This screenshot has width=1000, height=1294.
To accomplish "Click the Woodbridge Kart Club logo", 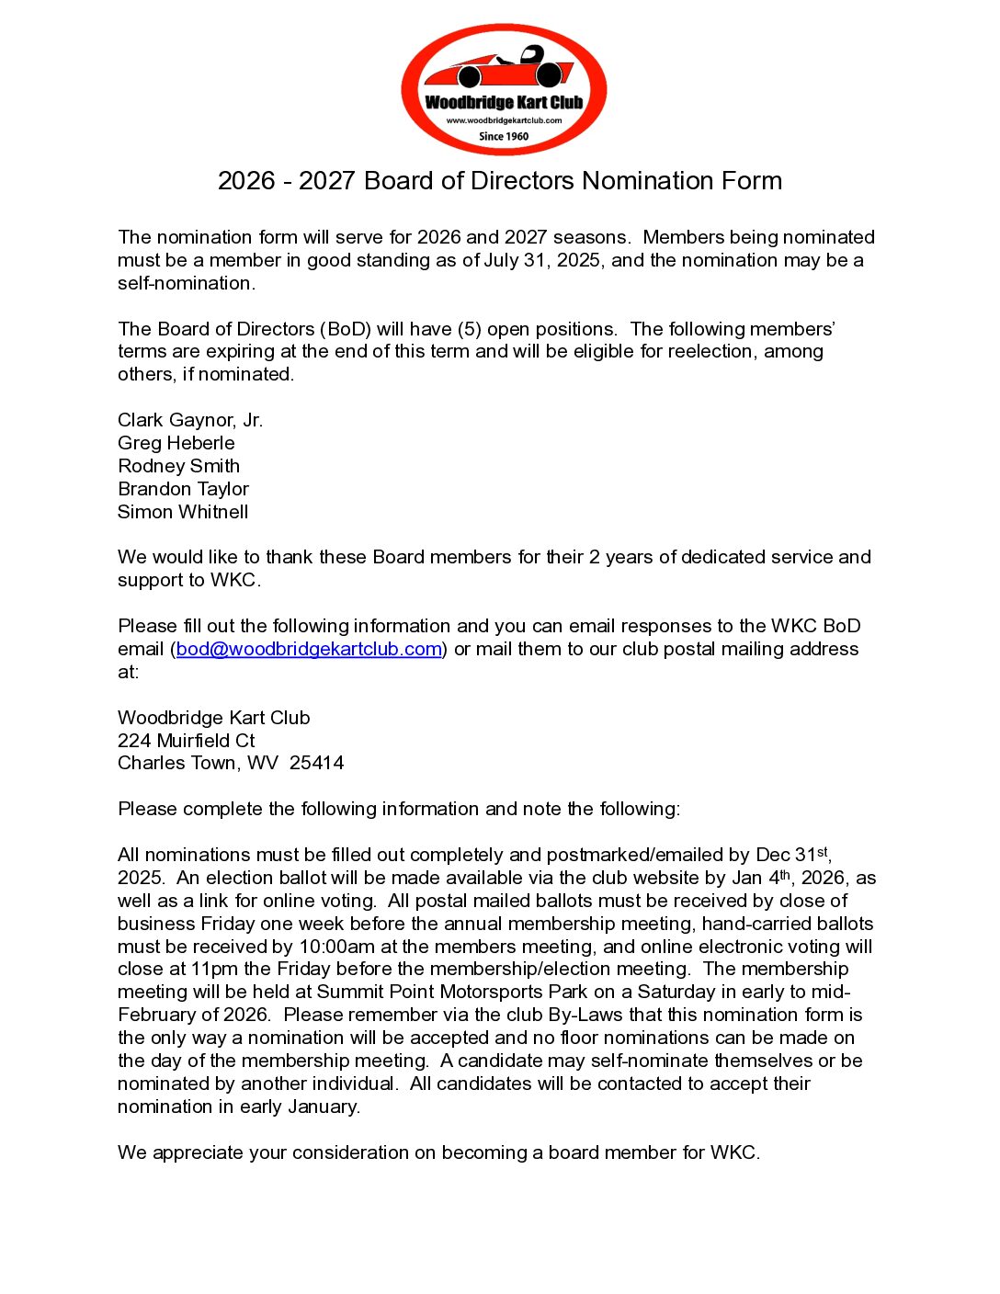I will click(504, 89).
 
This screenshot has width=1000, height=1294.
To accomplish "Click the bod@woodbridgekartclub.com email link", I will click(309, 649).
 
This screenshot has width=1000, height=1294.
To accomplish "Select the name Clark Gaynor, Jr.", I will click(190, 420).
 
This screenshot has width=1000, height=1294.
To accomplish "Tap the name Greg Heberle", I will click(176, 443).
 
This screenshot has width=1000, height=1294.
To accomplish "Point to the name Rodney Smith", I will click(179, 466).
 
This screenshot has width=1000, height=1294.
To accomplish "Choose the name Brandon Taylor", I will click(184, 489).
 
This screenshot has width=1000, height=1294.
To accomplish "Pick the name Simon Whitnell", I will click(183, 512).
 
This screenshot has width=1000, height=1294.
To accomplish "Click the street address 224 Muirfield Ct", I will click(187, 741).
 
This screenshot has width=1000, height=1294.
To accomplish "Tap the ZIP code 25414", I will click(316, 763).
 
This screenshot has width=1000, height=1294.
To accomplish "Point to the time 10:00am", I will click(351, 947).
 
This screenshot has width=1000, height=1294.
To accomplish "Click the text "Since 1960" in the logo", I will click(504, 136).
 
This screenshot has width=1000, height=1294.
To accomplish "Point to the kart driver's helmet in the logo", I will click(531, 55).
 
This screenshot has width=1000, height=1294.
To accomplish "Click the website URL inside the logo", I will click(504, 120).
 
